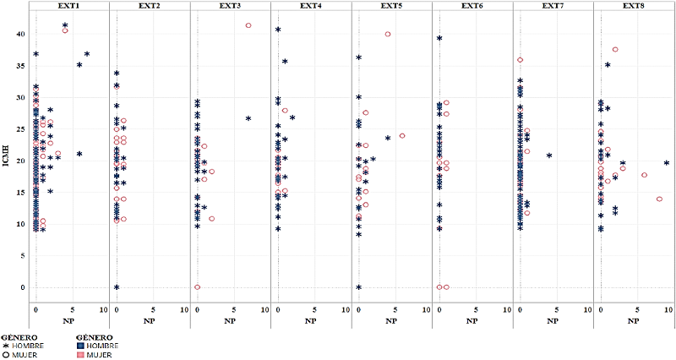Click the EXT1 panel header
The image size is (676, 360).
pyautogui.click(x=69, y=7)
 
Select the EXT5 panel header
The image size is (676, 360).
pyautogui.click(x=392, y=7)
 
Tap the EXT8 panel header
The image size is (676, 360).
pyautogui.click(x=635, y=7)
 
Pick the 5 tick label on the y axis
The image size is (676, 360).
pyautogui.click(x=21, y=255)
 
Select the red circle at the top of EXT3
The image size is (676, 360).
pyautogui.click(x=248, y=25)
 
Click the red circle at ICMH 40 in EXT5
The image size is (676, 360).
pyautogui.click(x=388, y=34)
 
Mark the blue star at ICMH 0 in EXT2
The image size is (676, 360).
pyautogui.click(x=117, y=287)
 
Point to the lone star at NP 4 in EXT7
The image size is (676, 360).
pyautogui.click(x=549, y=155)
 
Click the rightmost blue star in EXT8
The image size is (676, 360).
pyautogui.click(x=667, y=163)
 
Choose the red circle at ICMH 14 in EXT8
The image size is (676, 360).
pyautogui.click(x=659, y=199)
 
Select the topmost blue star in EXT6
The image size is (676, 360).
pyautogui.click(x=439, y=38)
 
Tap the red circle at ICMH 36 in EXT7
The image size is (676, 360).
pyautogui.click(x=521, y=60)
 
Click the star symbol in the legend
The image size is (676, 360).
pyautogui.click(x=5, y=346)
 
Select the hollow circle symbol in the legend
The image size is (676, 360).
pyautogui.click(x=5, y=354)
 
